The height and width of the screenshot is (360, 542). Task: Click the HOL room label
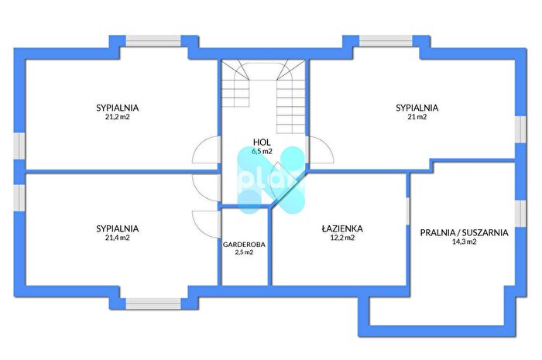coord(262,142)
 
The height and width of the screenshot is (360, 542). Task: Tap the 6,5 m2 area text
coord(262,151)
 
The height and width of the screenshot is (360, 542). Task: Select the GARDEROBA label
coord(244,245)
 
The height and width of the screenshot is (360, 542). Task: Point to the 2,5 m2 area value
coord(244,252)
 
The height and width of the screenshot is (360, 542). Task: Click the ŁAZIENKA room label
coord(342,228)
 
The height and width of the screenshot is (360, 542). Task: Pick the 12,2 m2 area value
coord(342,238)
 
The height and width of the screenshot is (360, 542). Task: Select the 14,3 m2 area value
coord(465,242)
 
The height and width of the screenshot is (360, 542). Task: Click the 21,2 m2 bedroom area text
coord(118,117)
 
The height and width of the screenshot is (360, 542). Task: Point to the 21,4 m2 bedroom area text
coord(118,238)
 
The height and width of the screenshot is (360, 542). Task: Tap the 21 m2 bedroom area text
coord(417,117)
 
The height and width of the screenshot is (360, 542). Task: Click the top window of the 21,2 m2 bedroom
coord(153,41)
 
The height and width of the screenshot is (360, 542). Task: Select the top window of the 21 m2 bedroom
coord(386,41)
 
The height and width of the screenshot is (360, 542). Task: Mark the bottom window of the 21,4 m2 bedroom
coord(153,303)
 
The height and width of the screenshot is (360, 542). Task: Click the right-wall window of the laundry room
coord(520,214)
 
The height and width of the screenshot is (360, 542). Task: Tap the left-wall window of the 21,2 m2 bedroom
coord(19,146)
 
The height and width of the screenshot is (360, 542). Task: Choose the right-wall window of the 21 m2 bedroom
coord(520,129)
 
